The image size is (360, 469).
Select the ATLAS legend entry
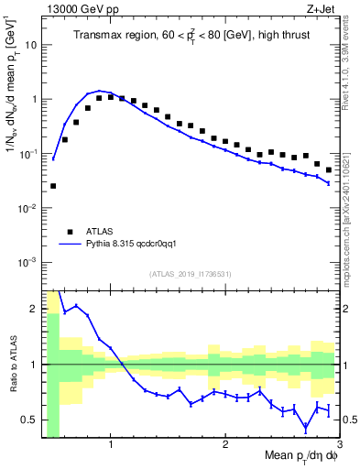[x=100, y=232]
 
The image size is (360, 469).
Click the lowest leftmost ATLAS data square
[x=53, y=186]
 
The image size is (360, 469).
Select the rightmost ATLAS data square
[x=329, y=170]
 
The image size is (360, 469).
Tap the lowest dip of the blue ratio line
[x=306, y=427]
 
